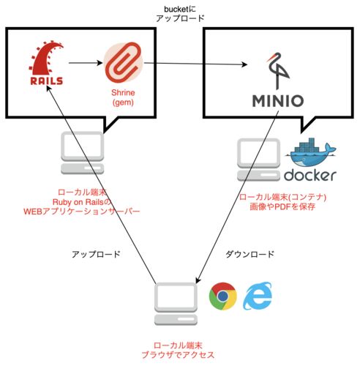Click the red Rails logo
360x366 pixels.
tap(46, 64)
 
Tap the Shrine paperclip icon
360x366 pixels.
tap(124, 63)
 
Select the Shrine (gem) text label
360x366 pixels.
tap(123, 97)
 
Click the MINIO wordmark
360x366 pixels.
tap(278, 101)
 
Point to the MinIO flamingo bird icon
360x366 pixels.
tap(278, 71)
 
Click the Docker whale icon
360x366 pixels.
tap(312, 152)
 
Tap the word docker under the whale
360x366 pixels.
tap(310, 176)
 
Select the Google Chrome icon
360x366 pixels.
tap(223, 296)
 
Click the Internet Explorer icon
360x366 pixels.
tap(258, 296)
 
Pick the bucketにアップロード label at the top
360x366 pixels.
tap(180, 14)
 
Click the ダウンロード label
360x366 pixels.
tap(250, 254)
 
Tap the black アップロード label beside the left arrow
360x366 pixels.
tap(96, 254)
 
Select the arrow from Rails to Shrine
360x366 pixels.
tap(86, 63)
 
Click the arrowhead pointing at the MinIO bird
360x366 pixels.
tap(244, 64)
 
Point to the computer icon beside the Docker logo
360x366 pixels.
tap(258, 160)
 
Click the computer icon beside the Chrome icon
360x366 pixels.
tap(176, 304)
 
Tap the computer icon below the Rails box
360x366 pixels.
tap(83, 153)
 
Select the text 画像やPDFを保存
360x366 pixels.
tap(282, 207)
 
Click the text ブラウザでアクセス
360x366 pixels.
tap(178, 355)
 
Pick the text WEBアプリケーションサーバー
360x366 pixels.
tap(82, 212)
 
